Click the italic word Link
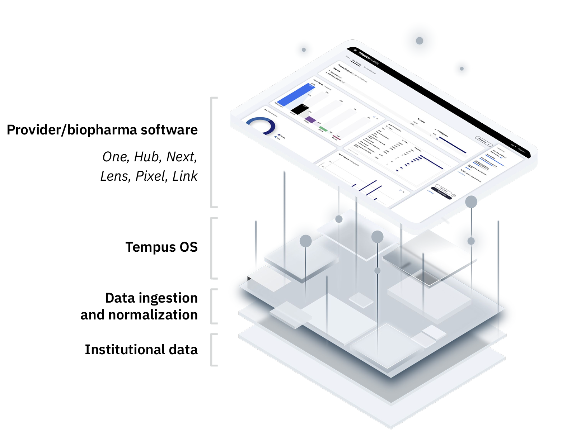tap(185, 176)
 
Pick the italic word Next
tap(181, 157)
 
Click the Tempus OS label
tap(161, 247)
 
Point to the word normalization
tap(153, 315)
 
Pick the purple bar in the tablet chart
tap(310, 119)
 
